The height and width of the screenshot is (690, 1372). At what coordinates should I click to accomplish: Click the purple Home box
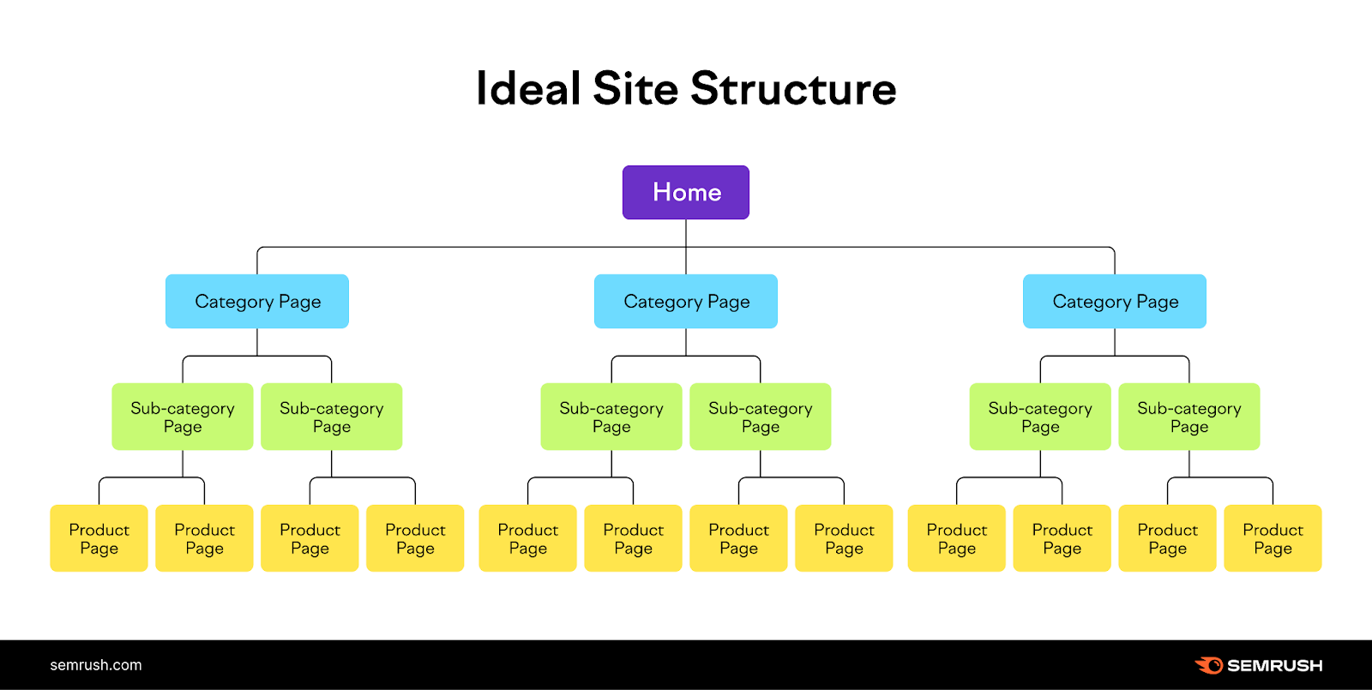coord(686,192)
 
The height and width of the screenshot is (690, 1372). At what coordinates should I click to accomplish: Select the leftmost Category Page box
coord(257,302)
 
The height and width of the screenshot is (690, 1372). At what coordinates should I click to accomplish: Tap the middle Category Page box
coord(686,302)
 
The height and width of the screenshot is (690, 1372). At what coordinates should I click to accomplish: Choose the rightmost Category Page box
coord(1115,302)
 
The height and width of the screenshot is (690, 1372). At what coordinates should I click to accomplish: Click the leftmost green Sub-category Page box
coord(183,417)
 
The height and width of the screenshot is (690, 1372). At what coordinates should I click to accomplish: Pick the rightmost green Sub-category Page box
coord(1189,417)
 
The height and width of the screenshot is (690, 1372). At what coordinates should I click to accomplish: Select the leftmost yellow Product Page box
coord(99,538)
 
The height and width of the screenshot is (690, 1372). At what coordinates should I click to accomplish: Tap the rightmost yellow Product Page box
coord(1273,538)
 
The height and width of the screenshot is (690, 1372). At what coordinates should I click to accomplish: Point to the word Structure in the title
coord(793,89)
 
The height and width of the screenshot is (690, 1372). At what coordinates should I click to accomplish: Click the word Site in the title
coord(635,89)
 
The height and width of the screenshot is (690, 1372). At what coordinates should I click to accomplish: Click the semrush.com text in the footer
coord(96,665)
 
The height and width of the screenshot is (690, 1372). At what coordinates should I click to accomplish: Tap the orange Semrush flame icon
coord(1209,665)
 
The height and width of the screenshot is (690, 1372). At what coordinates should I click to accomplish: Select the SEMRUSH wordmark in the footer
coord(1274,665)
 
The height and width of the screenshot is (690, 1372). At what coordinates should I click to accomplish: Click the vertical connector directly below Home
coord(686,233)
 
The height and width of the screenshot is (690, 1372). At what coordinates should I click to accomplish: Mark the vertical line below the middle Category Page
coord(686,342)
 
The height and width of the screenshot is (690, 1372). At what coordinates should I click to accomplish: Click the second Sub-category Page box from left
coord(332,417)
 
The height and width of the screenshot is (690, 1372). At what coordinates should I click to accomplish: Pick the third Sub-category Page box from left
coord(611,417)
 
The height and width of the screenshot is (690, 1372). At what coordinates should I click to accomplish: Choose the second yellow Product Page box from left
coord(204,538)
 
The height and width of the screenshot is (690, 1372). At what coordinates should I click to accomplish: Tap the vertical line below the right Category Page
coord(1115,342)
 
